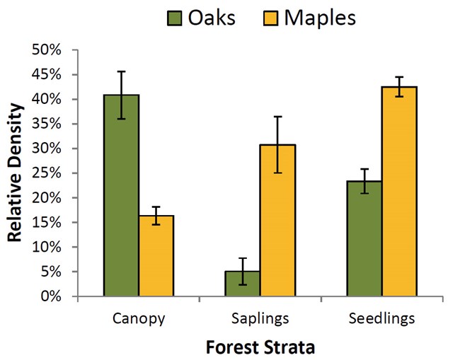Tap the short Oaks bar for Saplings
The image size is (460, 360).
click(243, 284)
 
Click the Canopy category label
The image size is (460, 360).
click(139, 318)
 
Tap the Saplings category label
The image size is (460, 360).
click(260, 318)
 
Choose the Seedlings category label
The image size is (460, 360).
click(381, 318)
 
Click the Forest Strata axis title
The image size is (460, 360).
click(260, 347)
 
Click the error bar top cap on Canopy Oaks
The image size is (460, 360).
click(121, 71)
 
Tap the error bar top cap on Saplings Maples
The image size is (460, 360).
click(277, 117)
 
